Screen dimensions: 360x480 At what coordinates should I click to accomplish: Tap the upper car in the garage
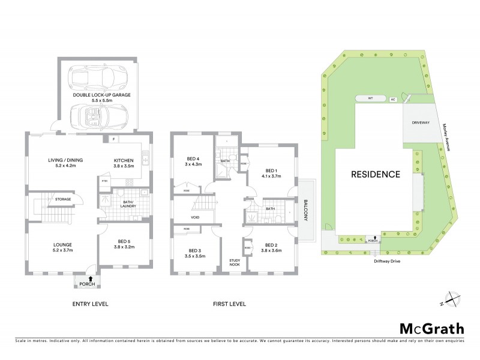(x=96, y=77)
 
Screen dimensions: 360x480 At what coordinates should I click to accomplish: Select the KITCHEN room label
(x=125, y=160)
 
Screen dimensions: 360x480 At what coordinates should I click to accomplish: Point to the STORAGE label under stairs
(x=64, y=199)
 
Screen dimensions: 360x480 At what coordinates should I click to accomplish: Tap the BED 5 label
(x=125, y=245)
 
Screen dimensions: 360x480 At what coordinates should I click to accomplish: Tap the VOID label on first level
(x=194, y=217)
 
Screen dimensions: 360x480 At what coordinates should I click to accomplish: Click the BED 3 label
(x=194, y=250)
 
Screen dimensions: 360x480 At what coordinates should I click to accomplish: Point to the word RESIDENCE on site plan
(x=376, y=175)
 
